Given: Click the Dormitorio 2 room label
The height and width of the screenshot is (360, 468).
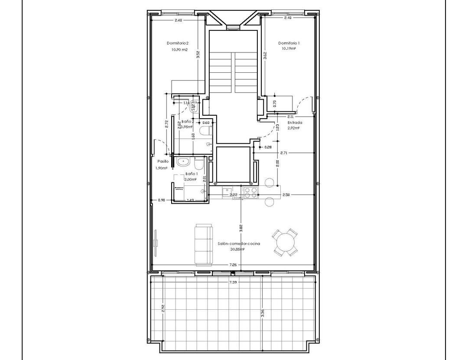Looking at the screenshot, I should pyautogui.click(x=178, y=43).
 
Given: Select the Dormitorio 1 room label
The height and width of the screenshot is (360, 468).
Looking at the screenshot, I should pyautogui.click(x=289, y=43).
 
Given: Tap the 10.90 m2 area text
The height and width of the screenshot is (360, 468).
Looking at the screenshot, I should pyautogui.click(x=179, y=49).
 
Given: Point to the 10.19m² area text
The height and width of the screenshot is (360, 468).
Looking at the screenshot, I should pyautogui.click(x=289, y=49).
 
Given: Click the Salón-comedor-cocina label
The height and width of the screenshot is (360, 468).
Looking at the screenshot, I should pyautogui.click(x=239, y=244).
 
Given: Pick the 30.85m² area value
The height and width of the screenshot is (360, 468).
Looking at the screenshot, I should pyautogui.click(x=238, y=250).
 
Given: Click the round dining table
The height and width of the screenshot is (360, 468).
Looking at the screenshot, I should pyautogui.click(x=285, y=242).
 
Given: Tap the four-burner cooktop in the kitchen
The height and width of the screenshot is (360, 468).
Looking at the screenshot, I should pyautogui.click(x=250, y=192).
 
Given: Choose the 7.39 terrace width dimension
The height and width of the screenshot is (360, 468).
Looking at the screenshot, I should pyautogui.click(x=233, y=282).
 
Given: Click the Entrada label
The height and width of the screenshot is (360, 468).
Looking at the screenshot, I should pyautogui.click(x=295, y=123).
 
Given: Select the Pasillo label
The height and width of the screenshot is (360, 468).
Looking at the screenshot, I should pyautogui.click(x=163, y=161).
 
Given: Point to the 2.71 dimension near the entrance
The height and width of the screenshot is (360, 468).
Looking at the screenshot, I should pyautogui.click(x=284, y=153).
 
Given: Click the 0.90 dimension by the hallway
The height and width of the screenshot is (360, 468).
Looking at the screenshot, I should pyautogui.click(x=161, y=200).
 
